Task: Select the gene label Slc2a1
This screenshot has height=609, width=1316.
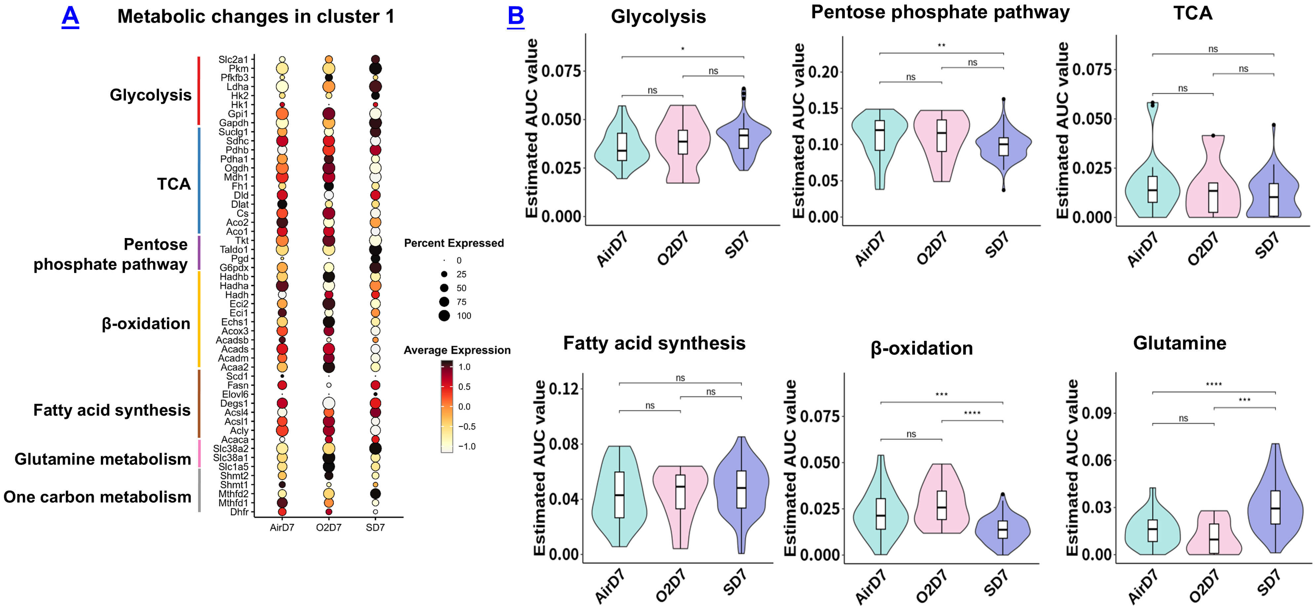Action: tap(233, 59)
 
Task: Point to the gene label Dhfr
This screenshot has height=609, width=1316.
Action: tap(239, 512)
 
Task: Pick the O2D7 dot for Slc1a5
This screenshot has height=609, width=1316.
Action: tap(328, 467)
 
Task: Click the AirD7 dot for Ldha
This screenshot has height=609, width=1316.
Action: tap(282, 86)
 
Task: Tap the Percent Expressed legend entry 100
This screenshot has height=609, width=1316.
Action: tap(444, 316)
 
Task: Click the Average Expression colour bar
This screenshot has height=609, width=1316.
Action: tap(447, 406)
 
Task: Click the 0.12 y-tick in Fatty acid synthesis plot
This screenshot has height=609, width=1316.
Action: tap(563, 389)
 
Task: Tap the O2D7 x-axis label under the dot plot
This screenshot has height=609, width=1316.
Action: tap(328, 528)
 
